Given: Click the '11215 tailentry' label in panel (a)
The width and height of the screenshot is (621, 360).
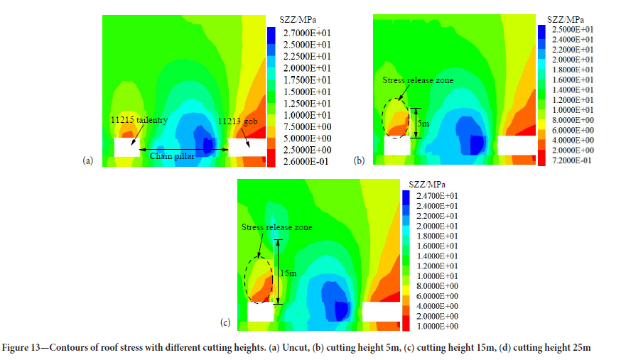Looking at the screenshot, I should click(x=139, y=121).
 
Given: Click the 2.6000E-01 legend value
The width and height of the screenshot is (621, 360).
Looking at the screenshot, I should click(x=308, y=162).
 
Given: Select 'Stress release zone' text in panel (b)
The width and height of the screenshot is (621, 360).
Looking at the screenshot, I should click(x=417, y=80).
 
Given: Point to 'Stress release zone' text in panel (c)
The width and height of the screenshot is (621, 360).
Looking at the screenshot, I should click(x=276, y=227).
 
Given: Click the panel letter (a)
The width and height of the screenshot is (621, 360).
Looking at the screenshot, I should click(x=89, y=162).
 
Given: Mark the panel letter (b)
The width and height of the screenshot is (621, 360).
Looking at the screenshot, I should click(x=360, y=162).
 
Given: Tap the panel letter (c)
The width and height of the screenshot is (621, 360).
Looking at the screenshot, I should click(x=225, y=324).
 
